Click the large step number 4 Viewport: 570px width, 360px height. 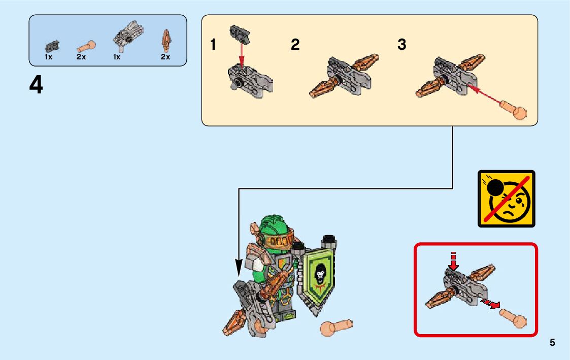(36, 85)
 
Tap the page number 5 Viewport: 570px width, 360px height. (552, 342)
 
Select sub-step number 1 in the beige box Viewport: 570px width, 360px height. (213, 45)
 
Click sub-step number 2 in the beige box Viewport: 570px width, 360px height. (295, 45)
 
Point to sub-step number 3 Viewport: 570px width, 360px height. (401, 45)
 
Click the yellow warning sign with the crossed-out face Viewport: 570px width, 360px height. (507, 199)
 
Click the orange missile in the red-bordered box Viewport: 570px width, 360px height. (513, 317)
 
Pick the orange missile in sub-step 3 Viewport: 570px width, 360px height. (513, 110)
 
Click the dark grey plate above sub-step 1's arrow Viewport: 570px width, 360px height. (240, 35)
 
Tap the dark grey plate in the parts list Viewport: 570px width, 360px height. (52, 46)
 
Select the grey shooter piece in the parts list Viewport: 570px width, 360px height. (127, 35)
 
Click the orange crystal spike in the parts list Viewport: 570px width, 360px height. (166, 40)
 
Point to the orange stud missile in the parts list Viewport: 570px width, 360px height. (86, 47)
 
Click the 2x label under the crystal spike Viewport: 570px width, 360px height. (165, 57)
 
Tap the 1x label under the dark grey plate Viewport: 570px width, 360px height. (48, 57)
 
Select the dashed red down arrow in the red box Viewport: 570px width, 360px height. (453, 260)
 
